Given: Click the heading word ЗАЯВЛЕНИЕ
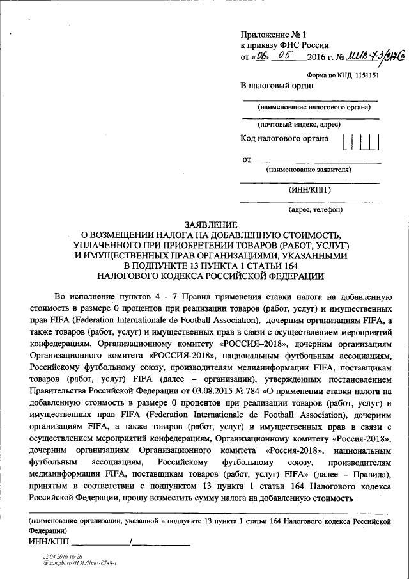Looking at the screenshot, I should [x=210, y=225].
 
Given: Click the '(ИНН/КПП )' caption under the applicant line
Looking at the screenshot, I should [x=310, y=189].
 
